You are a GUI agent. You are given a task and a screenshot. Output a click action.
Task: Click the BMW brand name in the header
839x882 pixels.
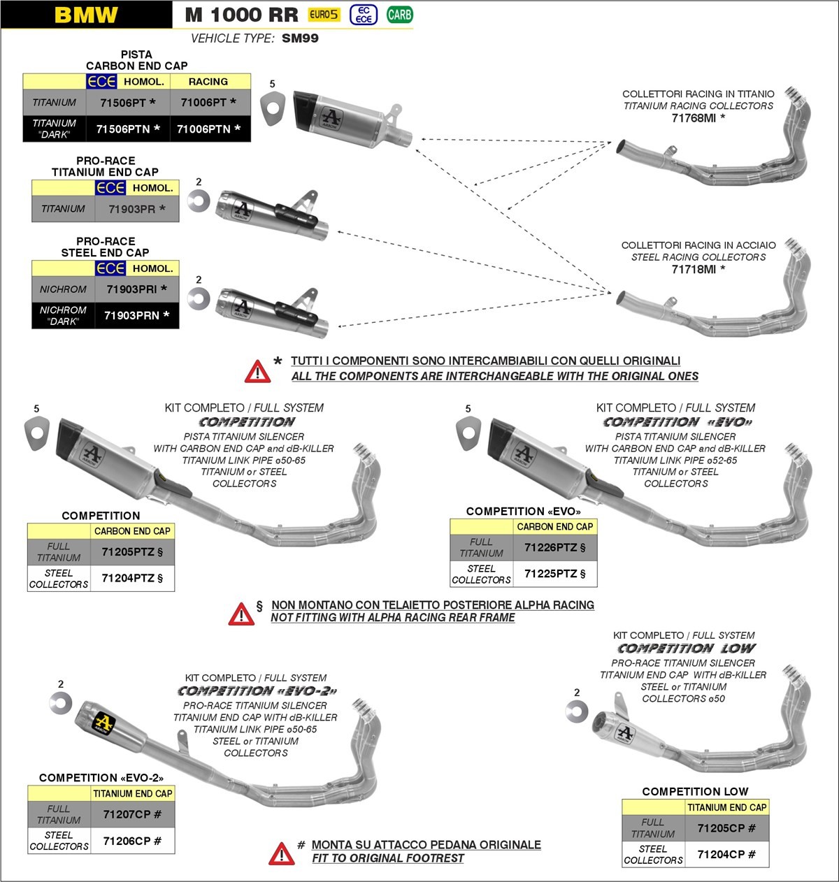(x=86, y=15)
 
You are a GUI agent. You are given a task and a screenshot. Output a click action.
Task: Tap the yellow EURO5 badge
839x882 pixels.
(x=324, y=15)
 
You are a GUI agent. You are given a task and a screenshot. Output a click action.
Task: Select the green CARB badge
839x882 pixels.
(x=399, y=15)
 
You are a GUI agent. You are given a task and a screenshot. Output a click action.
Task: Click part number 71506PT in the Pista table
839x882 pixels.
(x=128, y=103)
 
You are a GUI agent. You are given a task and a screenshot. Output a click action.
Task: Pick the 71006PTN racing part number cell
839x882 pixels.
(x=208, y=129)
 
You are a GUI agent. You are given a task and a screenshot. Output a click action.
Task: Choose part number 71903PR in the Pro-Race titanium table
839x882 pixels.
(x=137, y=209)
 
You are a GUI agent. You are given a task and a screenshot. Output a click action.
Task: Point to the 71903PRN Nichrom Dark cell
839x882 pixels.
(x=137, y=316)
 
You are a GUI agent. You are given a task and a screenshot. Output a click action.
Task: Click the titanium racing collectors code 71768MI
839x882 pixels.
(x=698, y=118)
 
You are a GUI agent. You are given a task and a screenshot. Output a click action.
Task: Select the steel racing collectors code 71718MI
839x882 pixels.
(x=698, y=269)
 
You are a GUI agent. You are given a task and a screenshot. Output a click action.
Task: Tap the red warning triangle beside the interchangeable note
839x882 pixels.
(x=257, y=372)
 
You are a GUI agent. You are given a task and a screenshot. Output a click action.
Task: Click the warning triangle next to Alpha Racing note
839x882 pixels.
(x=241, y=614)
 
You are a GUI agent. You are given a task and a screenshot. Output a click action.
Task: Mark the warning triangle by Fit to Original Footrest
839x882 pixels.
(x=281, y=853)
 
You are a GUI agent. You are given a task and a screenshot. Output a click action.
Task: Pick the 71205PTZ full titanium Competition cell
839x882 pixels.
(x=132, y=552)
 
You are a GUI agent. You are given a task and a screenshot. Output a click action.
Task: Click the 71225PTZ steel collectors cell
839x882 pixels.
(x=555, y=574)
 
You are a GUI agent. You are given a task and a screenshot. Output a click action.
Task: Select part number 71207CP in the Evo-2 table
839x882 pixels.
(x=132, y=815)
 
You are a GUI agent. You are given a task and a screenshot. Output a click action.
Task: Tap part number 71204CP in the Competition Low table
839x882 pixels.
(x=726, y=855)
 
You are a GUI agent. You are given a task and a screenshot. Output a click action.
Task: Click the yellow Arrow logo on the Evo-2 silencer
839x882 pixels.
(x=103, y=722)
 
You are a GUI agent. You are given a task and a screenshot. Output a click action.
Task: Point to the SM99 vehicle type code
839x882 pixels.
(x=300, y=38)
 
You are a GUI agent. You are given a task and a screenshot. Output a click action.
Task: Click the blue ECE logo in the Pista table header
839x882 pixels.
(x=101, y=82)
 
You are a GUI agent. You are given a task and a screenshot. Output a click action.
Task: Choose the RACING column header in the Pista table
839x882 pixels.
(x=208, y=82)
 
